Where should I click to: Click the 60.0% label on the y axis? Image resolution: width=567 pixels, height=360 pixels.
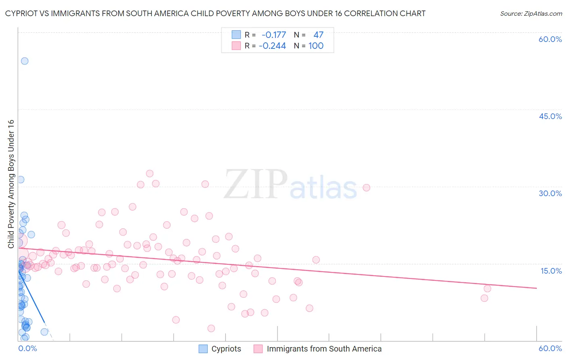(550, 39)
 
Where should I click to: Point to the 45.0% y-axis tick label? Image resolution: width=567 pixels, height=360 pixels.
(550, 116)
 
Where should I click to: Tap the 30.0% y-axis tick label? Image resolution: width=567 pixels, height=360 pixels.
(550, 193)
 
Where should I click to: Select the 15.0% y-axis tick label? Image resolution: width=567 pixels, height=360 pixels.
(551, 271)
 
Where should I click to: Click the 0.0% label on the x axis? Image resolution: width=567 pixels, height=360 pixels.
(28, 348)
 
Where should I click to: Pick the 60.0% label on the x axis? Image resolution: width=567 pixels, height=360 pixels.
(550, 348)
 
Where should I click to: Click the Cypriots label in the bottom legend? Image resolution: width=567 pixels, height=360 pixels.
(226, 349)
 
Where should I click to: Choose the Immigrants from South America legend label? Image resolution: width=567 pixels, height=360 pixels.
(324, 349)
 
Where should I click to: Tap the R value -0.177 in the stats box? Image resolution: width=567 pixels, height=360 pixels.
(274, 35)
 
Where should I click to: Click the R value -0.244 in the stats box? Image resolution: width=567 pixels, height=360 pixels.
(272, 46)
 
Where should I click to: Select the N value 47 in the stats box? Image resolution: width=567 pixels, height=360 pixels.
(319, 35)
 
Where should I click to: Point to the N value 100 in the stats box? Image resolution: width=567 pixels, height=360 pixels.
(316, 46)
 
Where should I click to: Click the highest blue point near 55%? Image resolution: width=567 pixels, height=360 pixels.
(25, 61)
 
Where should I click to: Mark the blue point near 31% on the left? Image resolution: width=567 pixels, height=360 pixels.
(21, 180)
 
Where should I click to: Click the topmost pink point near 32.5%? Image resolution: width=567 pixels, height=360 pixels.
(150, 174)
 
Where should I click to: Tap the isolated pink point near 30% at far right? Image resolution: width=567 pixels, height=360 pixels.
(367, 188)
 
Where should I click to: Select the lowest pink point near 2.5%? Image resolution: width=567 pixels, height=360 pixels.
(211, 329)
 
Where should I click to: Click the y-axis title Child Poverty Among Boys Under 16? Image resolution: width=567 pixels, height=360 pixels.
(11, 184)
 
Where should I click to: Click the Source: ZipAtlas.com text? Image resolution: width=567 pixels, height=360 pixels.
(531, 14)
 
